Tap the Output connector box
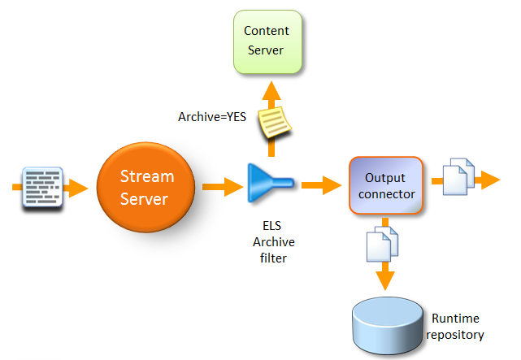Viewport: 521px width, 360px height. (386, 186)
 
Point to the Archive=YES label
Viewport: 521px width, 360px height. (211, 117)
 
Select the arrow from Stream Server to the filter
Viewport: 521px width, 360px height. (219, 188)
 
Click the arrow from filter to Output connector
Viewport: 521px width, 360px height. (321, 185)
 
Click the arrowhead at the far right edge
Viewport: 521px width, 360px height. (489, 180)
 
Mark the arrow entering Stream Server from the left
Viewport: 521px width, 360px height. (78, 189)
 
